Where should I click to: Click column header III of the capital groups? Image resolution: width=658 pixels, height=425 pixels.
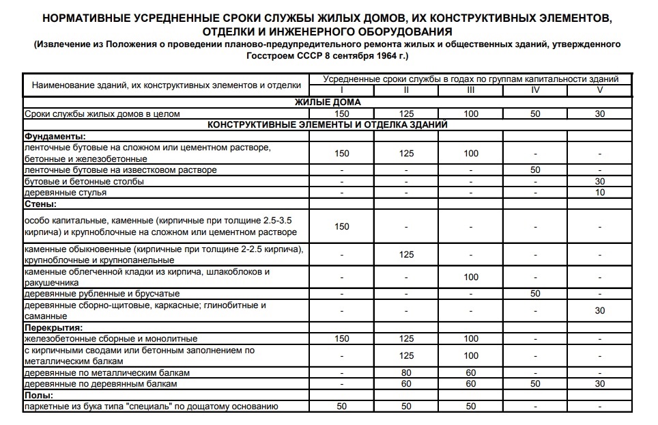coord(470,90)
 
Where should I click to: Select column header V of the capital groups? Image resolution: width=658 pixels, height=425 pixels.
coord(599,90)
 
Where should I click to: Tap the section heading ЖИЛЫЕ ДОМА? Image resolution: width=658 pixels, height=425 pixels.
coord(328,102)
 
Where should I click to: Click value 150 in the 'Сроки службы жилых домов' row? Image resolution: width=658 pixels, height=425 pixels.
coord(341,113)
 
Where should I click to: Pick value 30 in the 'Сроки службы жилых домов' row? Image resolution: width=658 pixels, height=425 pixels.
coord(599,113)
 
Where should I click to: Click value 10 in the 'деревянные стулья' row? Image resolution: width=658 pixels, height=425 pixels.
coord(599,193)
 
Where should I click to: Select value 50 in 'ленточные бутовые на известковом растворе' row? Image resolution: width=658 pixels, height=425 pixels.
coord(535,169)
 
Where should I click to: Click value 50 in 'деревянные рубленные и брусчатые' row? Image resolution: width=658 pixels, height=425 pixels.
coord(535,294)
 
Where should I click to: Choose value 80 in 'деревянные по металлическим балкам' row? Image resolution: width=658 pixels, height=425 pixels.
coord(406,373)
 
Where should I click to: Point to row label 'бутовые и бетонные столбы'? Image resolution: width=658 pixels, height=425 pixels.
coord(84,181)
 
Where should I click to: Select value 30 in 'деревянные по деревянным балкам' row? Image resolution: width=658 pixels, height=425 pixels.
coord(599,384)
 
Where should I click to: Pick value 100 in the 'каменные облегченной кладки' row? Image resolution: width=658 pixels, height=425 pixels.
coord(470,277)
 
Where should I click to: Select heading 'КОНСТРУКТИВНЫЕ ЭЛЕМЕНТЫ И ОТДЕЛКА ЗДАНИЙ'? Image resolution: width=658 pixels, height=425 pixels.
coord(328,125)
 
